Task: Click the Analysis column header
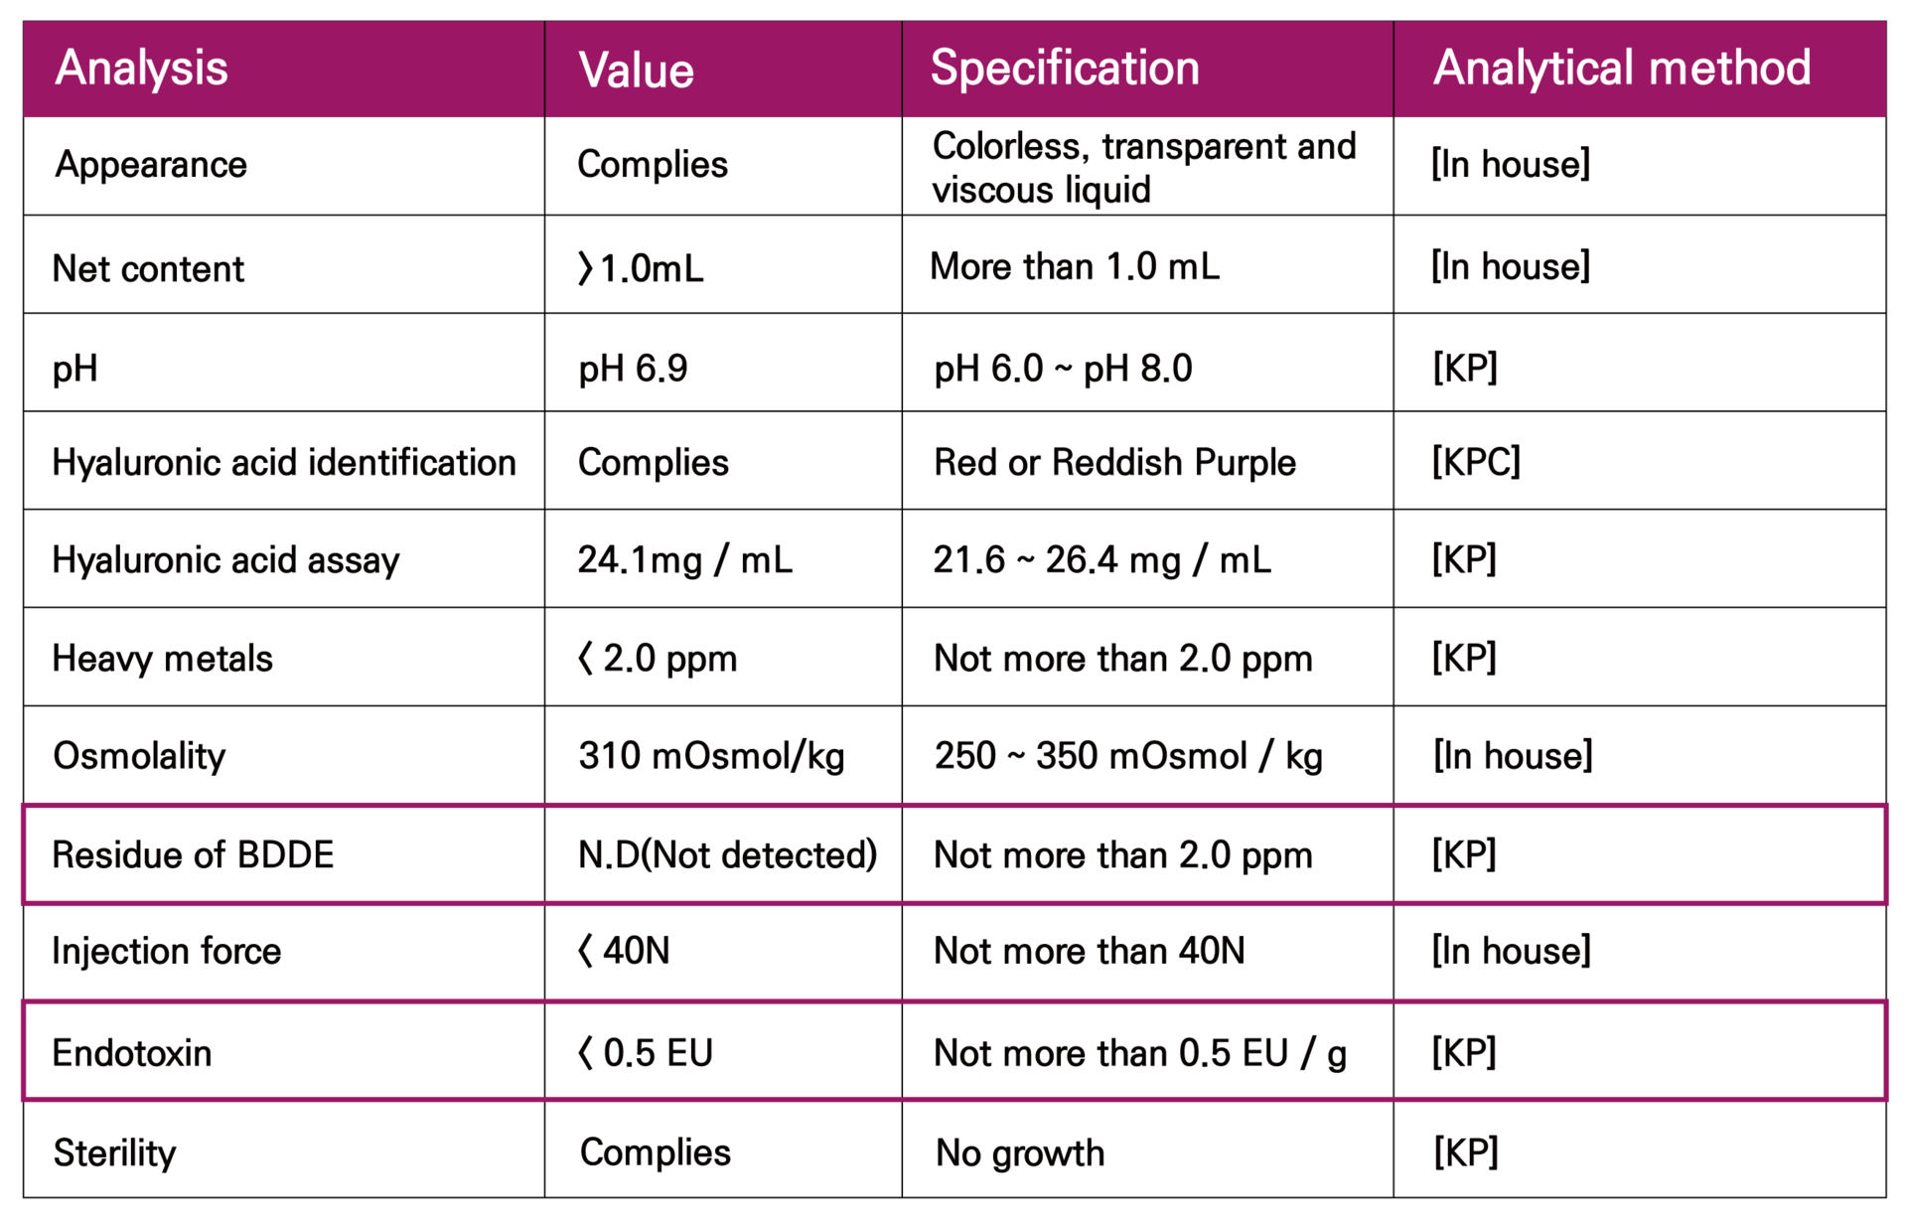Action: [x=141, y=69]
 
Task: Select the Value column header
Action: [x=636, y=71]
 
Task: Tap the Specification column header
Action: [x=1065, y=69]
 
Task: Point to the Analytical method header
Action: [x=1621, y=69]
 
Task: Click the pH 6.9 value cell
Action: [x=633, y=369]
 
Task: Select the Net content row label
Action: [x=148, y=268]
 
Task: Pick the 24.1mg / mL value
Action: [x=684, y=560]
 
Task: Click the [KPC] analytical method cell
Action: [x=1475, y=462]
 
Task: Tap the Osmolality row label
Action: [x=139, y=756]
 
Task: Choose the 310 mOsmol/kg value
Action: [x=711, y=756]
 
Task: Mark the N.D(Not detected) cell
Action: [x=727, y=854]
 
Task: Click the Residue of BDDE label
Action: [x=193, y=854]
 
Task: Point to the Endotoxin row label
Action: [x=132, y=1053]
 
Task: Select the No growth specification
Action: [x=1019, y=1152]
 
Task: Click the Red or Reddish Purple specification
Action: [x=1114, y=462]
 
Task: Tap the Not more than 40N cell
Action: [x=1089, y=951]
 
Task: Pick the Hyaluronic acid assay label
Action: [x=225, y=560]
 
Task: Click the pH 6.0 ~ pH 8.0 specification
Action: [x=1063, y=369]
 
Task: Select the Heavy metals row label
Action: [x=162, y=658]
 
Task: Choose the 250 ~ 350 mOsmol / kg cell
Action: [x=1127, y=756]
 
